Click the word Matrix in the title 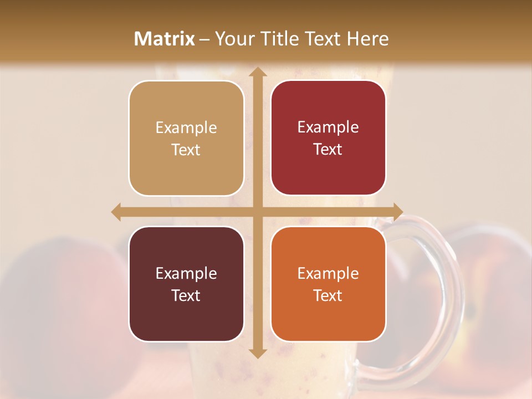click(x=165, y=39)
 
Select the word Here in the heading click(x=367, y=39)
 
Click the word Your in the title click(x=234, y=39)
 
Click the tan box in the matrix click(x=186, y=138)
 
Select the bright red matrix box click(x=328, y=138)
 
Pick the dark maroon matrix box click(x=186, y=284)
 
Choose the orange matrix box click(x=328, y=284)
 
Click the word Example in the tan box click(x=186, y=127)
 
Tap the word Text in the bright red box click(x=328, y=150)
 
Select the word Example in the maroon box click(x=186, y=273)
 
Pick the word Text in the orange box click(x=328, y=295)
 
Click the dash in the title click(x=204, y=39)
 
